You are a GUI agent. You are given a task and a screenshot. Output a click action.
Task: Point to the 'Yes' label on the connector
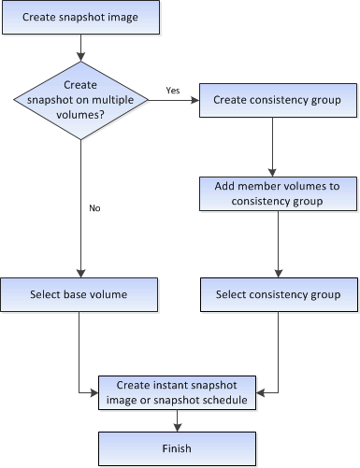(x=174, y=91)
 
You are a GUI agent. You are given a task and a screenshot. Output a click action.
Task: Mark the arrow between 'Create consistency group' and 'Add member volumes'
(x=270, y=147)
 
